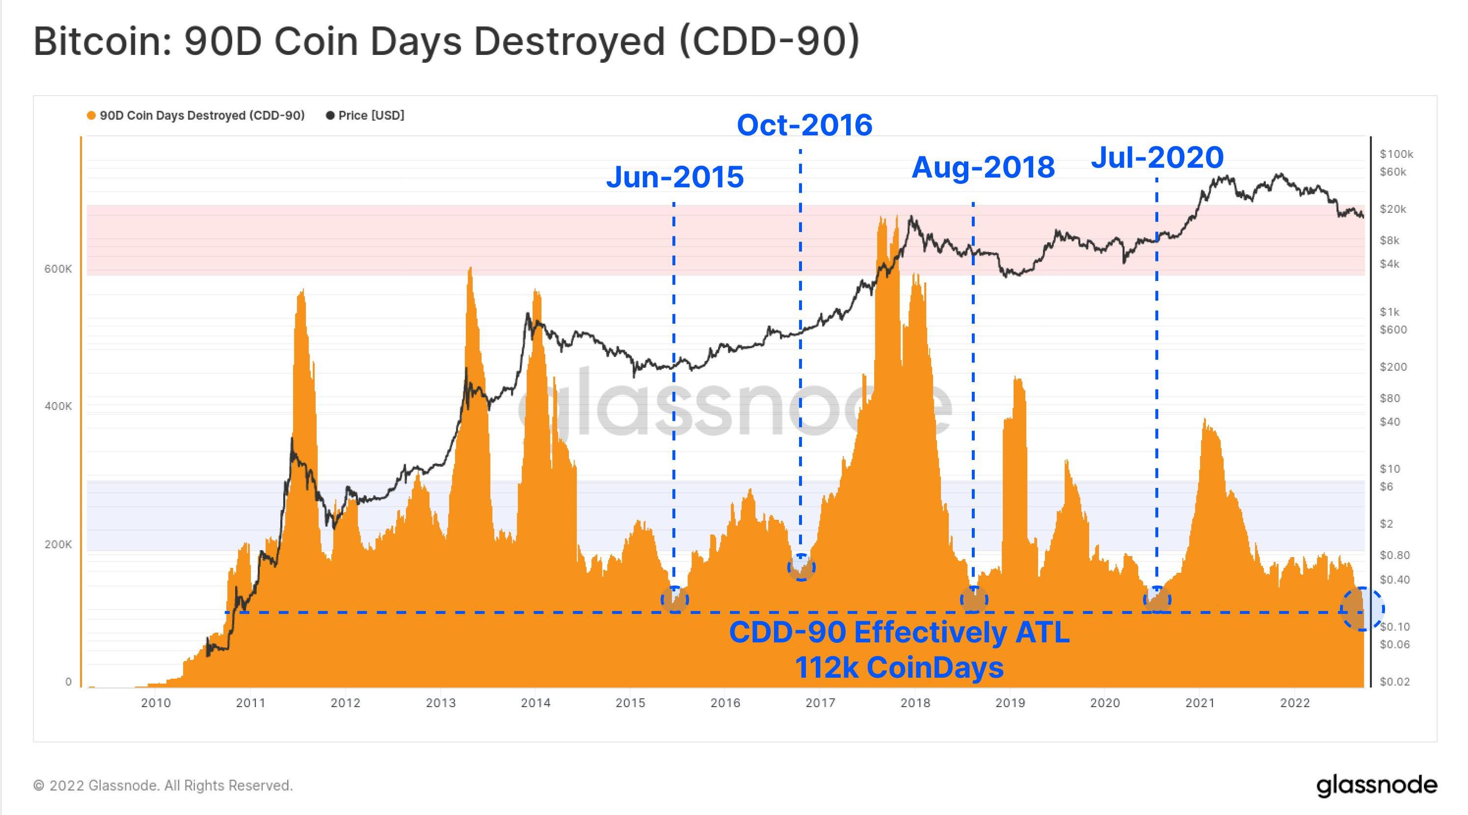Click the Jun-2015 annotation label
point(675,177)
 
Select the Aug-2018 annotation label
point(983,167)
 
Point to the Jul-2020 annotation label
point(1157,157)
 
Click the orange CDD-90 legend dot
point(91,116)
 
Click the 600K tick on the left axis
point(58,269)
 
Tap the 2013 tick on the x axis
point(441,703)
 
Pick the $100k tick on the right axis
point(1396,154)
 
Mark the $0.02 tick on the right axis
point(1394,682)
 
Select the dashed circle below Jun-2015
point(675,599)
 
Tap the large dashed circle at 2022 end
point(1361,609)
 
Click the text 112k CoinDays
point(899,667)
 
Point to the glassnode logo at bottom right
point(1376,786)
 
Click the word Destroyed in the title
point(569,41)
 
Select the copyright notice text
point(163,786)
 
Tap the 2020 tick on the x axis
point(1105,703)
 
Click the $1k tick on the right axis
point(1389,311)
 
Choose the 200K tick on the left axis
point(58,544)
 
